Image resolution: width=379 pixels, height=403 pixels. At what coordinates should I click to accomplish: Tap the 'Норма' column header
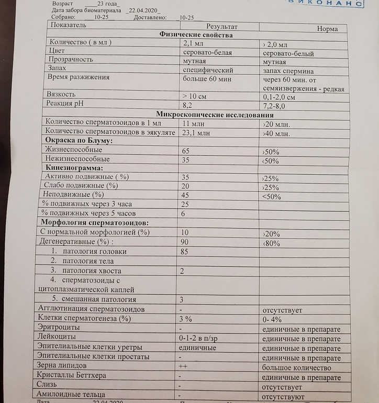327,29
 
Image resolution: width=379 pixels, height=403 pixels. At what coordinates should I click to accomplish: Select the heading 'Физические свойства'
196,35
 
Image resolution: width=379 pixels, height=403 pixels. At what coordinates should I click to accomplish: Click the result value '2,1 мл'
192,44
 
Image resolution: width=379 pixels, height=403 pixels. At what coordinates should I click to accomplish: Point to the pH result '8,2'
188,105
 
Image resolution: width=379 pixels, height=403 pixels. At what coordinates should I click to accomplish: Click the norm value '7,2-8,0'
277,106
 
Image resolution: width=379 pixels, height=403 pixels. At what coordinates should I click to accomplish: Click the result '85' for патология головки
184,252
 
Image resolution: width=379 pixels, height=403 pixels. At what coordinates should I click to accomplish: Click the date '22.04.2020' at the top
144,10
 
